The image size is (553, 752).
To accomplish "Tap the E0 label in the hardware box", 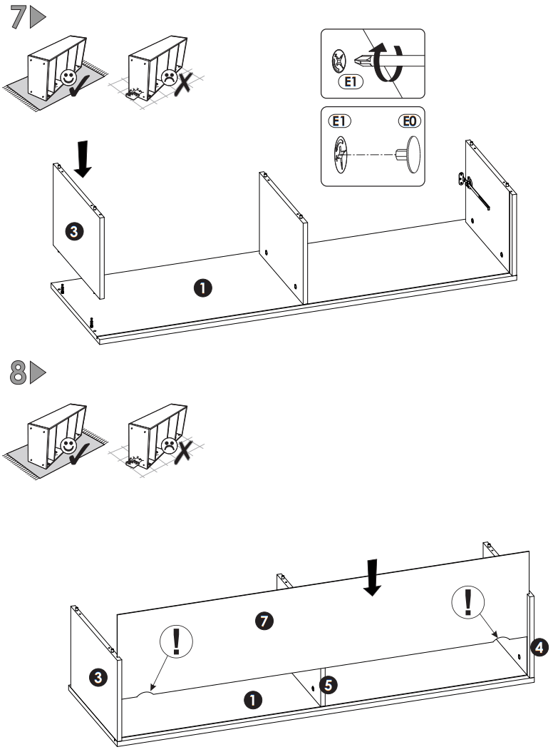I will click(409, 121).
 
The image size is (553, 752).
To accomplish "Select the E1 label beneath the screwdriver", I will click(349, 82).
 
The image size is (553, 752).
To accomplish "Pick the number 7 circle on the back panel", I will click(264, 621).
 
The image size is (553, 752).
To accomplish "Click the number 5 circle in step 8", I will click(327, 685).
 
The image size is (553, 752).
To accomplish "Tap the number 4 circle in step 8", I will click(539, 647).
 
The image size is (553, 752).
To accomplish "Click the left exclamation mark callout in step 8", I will click(174, 641).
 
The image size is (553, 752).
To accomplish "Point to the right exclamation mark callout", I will click(468, 603).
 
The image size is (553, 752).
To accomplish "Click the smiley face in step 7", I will click(69, 78).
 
